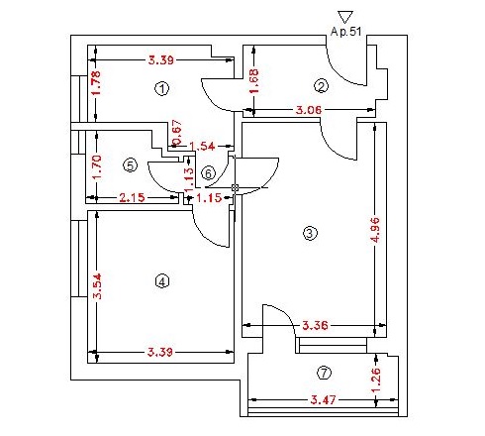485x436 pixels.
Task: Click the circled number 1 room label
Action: pyautogui.click(x=161, y=88)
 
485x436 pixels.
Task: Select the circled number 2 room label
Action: pyautogui.click(x=321, y=86)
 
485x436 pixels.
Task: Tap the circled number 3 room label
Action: pyautogui.click(x=310, y=233)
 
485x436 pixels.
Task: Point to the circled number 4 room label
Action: pyautogui.click(x=162, y=281)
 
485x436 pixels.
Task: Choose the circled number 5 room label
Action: pyautogui.click(x=130, y=165)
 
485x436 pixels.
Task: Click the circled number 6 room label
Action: pyautogui.click(x=208, y=173)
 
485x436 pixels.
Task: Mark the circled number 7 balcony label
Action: pyautogui.click(x=324, y=373)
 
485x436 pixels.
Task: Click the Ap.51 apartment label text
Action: pyautogui.click(x=345, y=32)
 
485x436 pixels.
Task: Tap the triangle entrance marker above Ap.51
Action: pyautogui.click(x=345, y=17)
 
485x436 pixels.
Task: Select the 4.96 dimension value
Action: pyautogui.click(x=375, y=230)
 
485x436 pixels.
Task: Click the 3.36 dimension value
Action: pyautogui.click(x=315, y=326)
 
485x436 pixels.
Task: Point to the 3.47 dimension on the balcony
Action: pyautogui.click(x=324, y=400)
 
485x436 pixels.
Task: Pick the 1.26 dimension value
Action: pyautogui.click(x=376, y=380)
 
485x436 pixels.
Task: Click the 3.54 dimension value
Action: pyautogui.click(x=97, y=286)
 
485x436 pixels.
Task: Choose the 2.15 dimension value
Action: pyautogui.click(x=132, y=198)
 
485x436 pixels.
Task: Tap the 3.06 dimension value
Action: pyautogui.click(x=309, y=110)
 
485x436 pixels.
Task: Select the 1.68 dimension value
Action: pyautogui.click(x=253, y=81)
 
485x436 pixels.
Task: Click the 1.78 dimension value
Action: pyautogui.click(x=95, y=83)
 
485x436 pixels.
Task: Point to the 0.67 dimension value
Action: pyautogui.click(x=177, y=132)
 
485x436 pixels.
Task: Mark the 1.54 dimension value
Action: pyautogui.click(x=202, y=146)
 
